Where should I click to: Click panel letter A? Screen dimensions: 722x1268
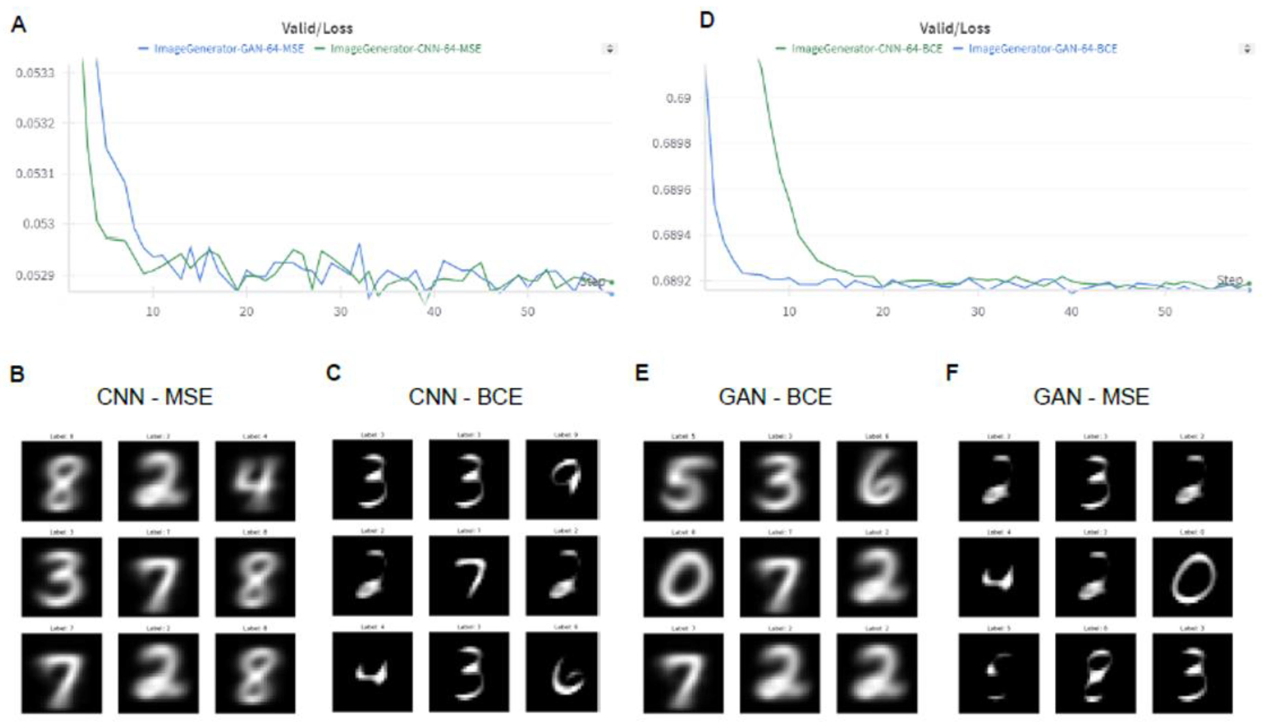click(18, 24)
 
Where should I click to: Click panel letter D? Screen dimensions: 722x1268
click(707, 21)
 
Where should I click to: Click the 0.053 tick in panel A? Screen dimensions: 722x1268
click(39, 224)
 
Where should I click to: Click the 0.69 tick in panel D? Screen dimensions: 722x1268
click(677, 98)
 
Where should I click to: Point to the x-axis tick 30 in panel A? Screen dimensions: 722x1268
click(340, 311)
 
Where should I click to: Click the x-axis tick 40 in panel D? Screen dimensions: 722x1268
click(1071, 311)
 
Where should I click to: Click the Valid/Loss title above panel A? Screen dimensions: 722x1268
click(317, 28)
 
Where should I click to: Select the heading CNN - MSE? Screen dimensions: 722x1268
click(155, 397)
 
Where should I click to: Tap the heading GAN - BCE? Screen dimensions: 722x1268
click(775, 397)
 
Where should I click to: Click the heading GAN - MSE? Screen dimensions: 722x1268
click(1090, 397)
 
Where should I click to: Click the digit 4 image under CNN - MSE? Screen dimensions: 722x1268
click(255, 480)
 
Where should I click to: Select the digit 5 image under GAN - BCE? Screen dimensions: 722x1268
click(683, 480)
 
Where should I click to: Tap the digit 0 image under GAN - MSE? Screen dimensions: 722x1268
click(1192, 577)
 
